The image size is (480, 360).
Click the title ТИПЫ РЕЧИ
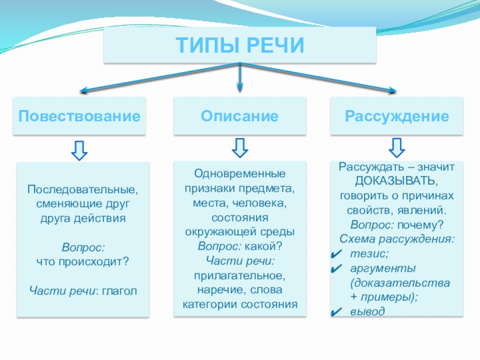[x=240, y=46]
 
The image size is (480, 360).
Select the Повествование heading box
[x=82, y=115]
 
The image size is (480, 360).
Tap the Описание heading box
[x=239, y=115]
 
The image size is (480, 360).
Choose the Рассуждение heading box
[x=397, y=115]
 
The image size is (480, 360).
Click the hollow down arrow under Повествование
[x=80, y=149]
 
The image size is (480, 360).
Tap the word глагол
[x=119, y=291]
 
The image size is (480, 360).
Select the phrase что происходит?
[x=83, y=262]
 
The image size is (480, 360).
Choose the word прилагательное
[x=239, y=275]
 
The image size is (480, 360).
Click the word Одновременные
[x=239, y=174]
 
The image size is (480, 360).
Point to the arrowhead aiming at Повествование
[x=83, y=91]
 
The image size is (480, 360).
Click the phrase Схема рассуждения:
[x=397, y=239]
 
